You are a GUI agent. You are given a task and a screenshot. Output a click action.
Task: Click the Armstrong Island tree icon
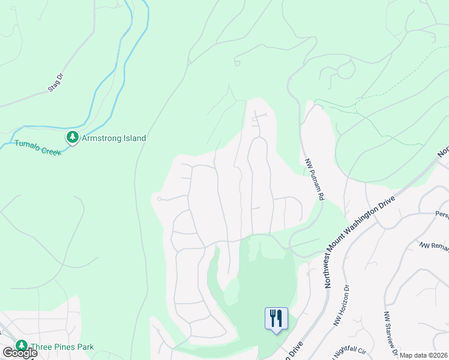73,138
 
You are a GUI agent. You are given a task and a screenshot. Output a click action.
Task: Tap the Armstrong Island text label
114,138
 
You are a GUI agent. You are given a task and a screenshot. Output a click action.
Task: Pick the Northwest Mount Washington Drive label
361,241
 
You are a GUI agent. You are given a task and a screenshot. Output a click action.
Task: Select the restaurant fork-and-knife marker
276,317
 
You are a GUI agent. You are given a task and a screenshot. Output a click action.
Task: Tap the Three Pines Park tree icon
22,346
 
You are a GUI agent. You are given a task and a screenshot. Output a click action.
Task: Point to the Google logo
20,353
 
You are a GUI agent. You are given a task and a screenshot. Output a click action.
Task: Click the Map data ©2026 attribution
424,355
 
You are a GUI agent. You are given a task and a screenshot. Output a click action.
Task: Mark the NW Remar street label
433,246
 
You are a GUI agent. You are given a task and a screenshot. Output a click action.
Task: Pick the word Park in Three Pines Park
84,347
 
